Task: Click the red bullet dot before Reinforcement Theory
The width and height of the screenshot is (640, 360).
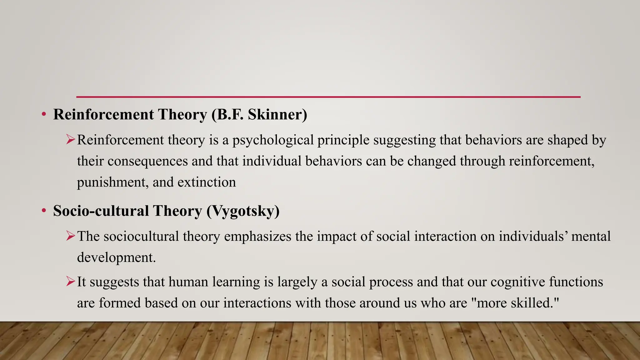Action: [x=44, y=115]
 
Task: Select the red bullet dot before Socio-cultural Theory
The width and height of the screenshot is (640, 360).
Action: [x=44, y=211]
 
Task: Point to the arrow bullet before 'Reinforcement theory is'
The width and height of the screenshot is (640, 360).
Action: [x=71, y=139]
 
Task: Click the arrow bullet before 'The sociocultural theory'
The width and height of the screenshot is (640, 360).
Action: [x=71, y=236]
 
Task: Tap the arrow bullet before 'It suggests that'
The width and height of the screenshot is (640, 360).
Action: [x=71, y=282]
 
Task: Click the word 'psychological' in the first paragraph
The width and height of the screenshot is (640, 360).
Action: [x=273, y=140]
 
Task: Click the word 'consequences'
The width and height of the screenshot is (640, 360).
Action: [x=148, y=161]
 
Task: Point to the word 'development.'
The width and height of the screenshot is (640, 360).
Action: [x=116, y=257]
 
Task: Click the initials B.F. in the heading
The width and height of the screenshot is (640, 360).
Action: [x=229, y=114]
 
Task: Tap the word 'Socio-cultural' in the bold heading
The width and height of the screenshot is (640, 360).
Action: [x=101, y=211]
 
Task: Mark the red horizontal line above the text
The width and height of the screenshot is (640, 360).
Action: [x=328, y=97]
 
